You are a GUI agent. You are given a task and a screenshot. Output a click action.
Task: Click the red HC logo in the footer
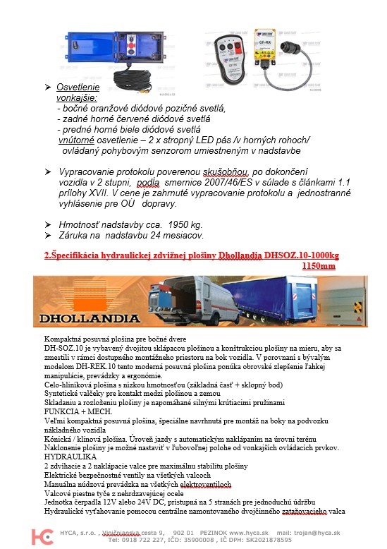tap(47, 536)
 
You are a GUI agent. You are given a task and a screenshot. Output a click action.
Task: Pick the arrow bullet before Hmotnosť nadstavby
tap(48, 223)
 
